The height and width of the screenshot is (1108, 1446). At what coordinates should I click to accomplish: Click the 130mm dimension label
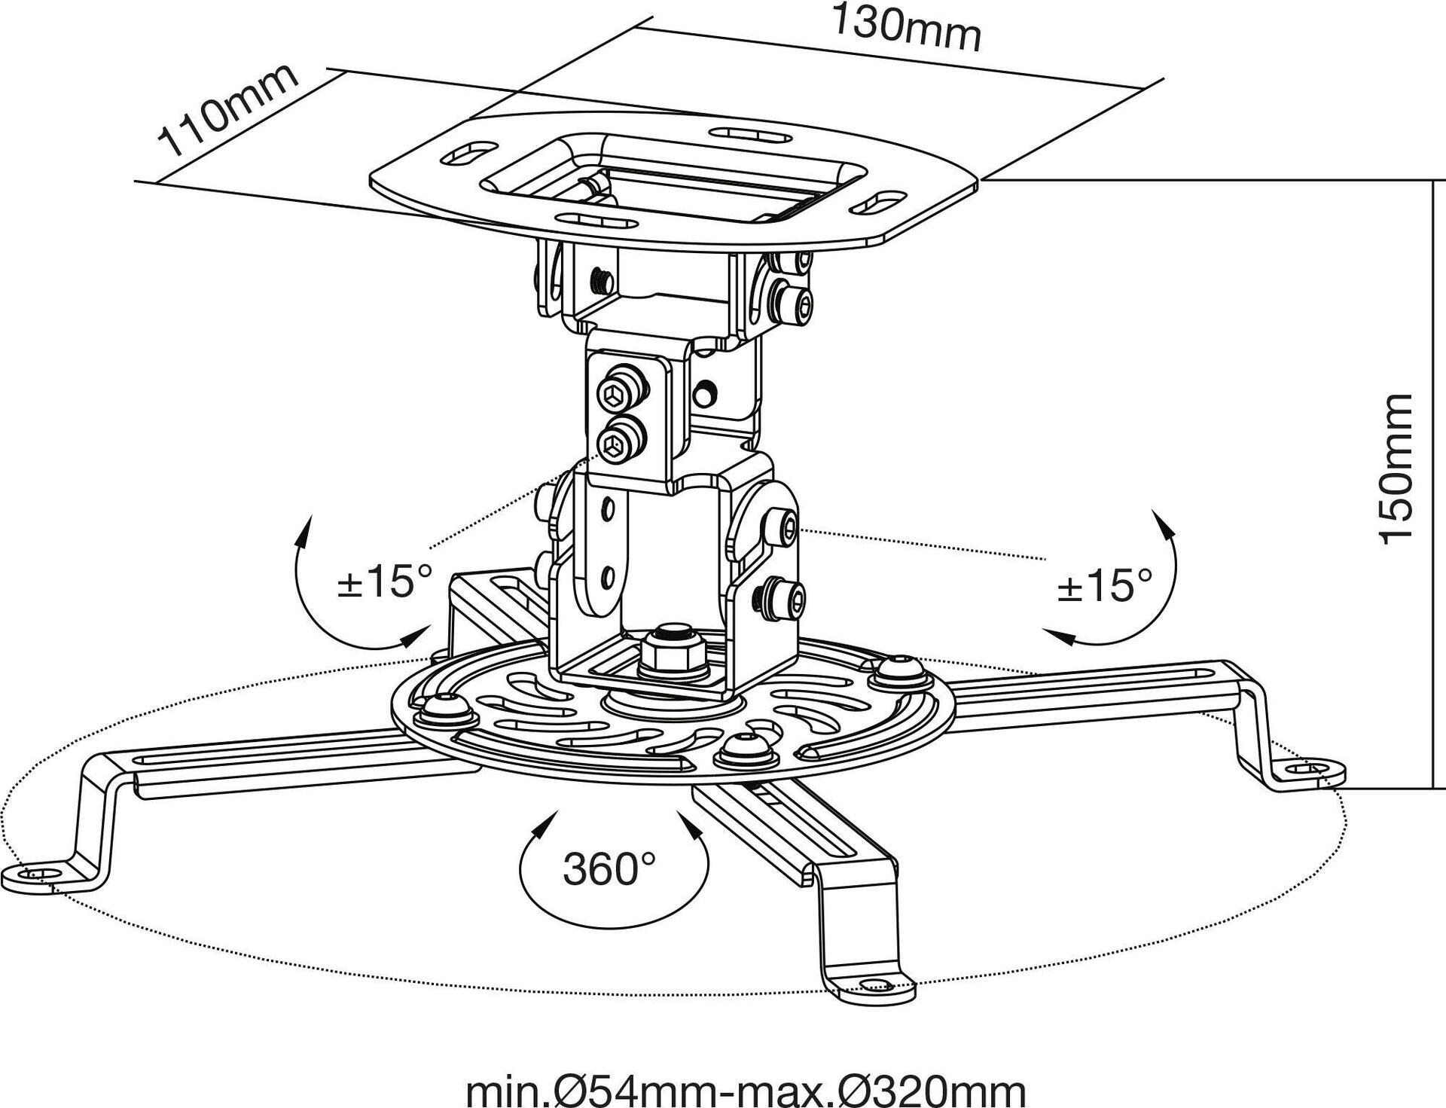click(x=906, y=27)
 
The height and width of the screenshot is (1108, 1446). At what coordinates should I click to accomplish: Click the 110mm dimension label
click(x=227, y=110)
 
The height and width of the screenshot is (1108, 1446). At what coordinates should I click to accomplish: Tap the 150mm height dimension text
click(x=1394, y=467)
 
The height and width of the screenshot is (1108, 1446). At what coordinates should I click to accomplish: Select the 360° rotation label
click(x=609, y=868)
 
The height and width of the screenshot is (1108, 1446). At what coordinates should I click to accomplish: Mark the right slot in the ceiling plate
click(x=878, y=203)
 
